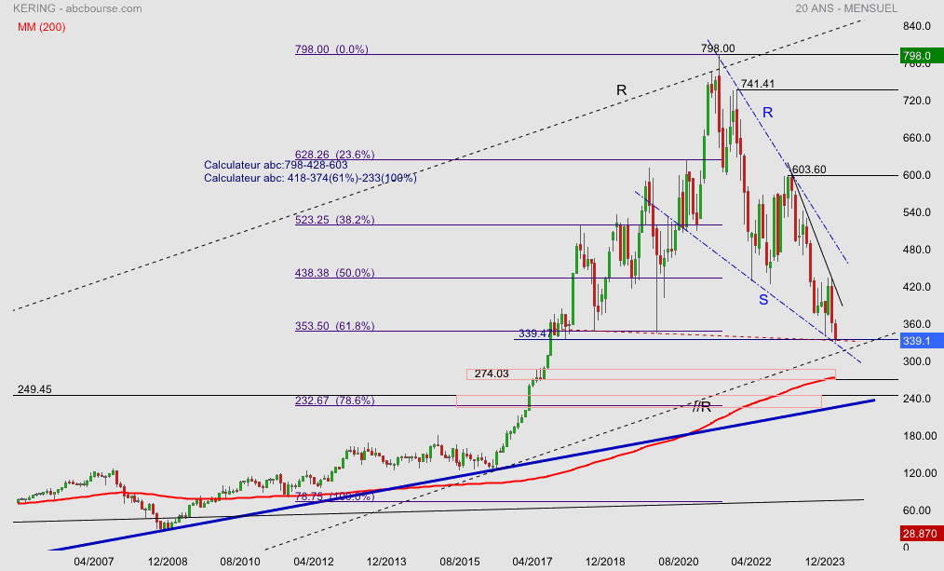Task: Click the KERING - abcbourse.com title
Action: tap(77, 8)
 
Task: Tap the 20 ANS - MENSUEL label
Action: tap(846, 8)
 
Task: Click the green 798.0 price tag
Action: tap(916, 56)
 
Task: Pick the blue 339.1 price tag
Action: tap(916, 341)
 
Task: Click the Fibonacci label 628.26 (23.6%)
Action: tap(334, 155)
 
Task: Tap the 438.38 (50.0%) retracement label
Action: tap(334, 273)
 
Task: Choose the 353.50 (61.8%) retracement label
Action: tap(334, 326)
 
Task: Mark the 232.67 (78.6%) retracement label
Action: tap(334, 400)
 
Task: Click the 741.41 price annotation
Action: tap(758, 84)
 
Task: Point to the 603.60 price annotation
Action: tap(807, 170)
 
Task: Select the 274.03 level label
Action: tap(493, 374)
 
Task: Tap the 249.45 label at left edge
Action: tap(34, 388)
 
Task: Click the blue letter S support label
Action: tap(762, 299)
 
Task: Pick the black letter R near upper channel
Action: tap(621, 89)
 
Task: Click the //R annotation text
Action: tap(702, 406)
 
